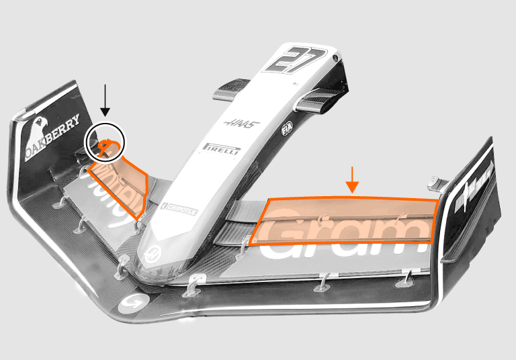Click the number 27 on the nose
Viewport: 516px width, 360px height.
coord(295,60)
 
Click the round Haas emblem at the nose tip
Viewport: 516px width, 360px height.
coord(153,254)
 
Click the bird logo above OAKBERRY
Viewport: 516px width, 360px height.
coord(39,128)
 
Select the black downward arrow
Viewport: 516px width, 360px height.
coord(104,101)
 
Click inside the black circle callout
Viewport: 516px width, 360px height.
coord(105,143)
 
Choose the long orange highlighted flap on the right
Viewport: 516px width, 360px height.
coord(346,220)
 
